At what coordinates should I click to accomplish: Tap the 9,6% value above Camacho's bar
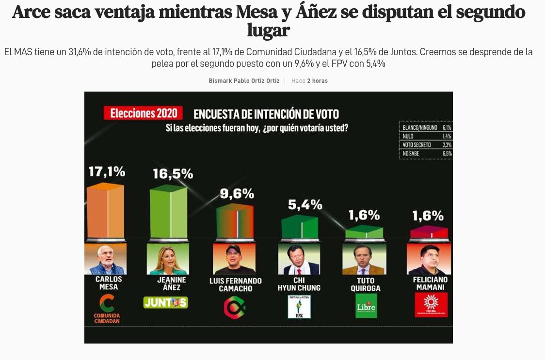(237, 194)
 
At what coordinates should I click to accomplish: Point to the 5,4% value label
(305, 205)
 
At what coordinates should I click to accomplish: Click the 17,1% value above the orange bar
(107, 171)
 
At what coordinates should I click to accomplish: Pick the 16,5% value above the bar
(173, 174)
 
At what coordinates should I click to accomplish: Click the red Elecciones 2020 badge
(143, 113)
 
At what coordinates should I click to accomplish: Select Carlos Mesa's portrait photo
(105, 259)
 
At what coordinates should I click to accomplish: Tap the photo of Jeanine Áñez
(168, 259)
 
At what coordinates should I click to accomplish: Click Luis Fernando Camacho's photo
(234, 260)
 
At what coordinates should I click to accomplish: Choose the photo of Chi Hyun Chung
(299, 260)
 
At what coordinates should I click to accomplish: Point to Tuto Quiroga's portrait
(364, 260)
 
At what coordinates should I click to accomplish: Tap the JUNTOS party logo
(166, 302)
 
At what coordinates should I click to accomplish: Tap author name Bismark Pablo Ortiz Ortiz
(244, 81)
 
